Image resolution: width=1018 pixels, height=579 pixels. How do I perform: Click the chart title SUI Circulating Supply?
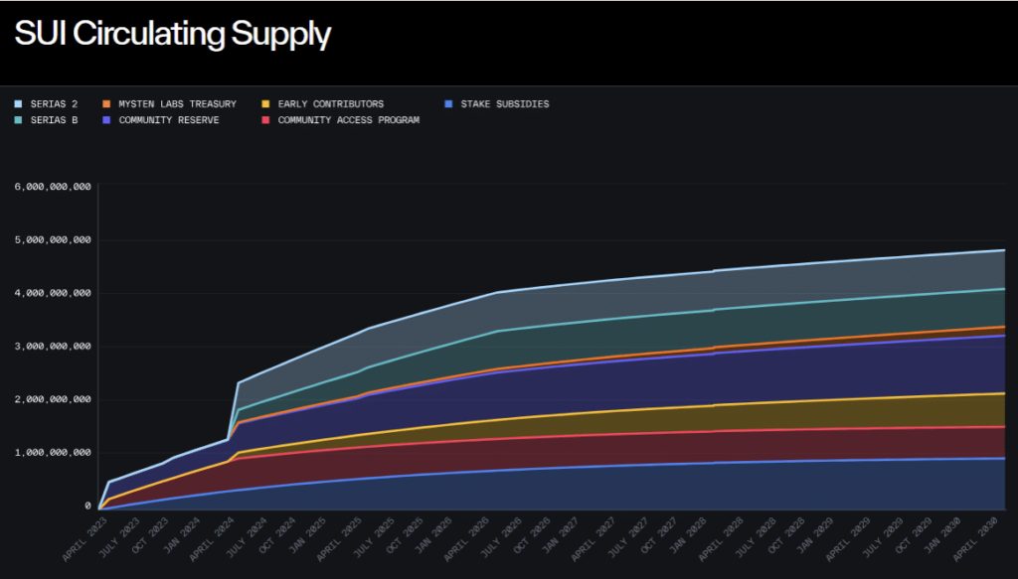coord(172,35)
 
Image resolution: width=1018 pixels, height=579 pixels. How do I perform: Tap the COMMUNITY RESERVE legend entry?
coord(168,120)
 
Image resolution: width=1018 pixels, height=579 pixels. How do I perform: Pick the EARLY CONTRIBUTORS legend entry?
coord(330,104)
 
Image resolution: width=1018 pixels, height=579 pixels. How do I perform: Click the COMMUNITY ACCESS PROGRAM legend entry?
coord(348,120)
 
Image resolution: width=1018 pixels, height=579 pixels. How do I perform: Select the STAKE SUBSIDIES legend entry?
coord(504,104)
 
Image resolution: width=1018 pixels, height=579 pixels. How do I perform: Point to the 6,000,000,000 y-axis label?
coord(52,187)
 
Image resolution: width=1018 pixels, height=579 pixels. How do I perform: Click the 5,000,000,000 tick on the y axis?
coord(52,240)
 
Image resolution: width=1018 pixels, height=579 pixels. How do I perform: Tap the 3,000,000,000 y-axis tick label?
coord(52,347)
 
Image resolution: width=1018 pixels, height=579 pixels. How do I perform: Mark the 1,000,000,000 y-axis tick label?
coord(52,453)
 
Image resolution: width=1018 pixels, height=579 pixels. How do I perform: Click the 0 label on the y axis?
coord(87,507)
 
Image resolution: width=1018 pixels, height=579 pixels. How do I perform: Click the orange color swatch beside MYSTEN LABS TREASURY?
coord(106,104)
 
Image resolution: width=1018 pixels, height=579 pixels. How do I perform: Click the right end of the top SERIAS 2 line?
coord(1003,250)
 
